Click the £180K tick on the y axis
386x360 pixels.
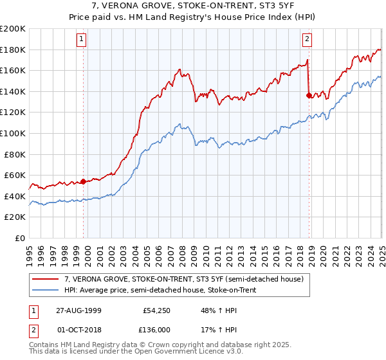[x=13, y=50]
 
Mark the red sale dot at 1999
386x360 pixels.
[x=84, y=181]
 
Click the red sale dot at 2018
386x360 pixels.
[x=309, y=96]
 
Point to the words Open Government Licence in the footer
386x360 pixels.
[x=180, y=353]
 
